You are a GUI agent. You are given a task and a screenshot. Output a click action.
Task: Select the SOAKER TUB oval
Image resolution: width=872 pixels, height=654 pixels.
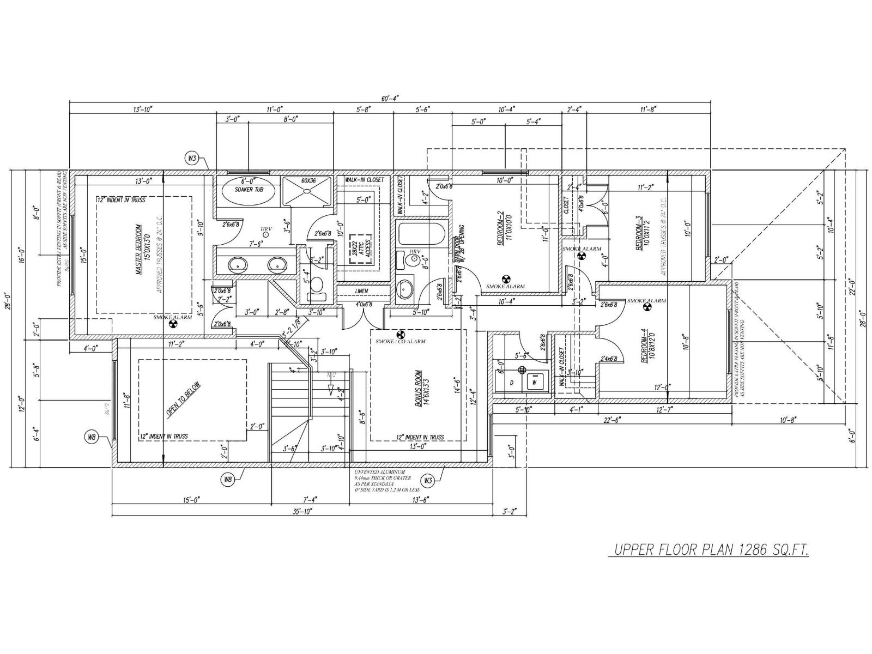249,191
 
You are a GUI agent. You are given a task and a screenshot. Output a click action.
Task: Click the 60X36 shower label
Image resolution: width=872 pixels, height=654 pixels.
308,180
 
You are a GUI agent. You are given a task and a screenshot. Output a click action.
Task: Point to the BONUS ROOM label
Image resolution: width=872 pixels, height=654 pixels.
419,390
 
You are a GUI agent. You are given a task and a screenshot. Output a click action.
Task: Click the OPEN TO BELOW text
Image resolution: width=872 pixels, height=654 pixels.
184,399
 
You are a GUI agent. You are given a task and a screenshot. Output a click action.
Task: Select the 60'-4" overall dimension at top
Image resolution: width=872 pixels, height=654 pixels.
390,98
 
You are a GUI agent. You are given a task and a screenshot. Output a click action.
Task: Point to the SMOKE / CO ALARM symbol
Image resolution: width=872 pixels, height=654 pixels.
401,333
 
